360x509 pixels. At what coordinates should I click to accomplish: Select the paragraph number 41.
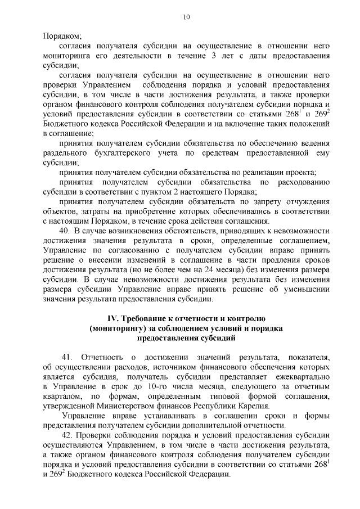(67, 358)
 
